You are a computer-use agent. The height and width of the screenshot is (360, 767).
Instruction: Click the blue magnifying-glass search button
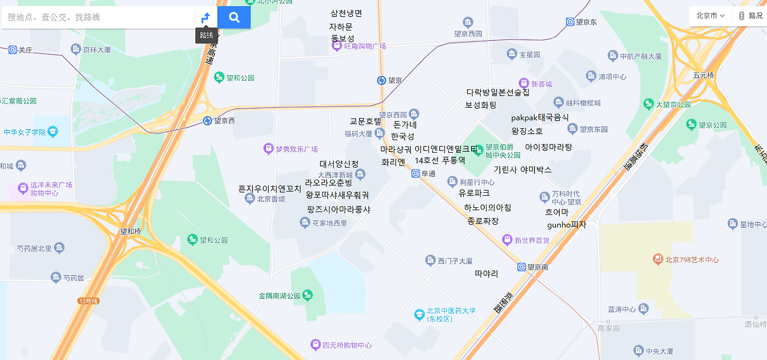click(234, 17)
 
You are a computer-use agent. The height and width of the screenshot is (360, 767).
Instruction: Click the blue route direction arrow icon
click(206, 17)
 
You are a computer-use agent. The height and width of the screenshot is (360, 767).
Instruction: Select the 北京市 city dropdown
click(710, 16)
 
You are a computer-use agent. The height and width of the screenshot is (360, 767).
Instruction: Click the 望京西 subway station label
click(224, 120)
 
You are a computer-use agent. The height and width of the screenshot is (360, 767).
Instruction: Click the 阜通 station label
click(428, 174)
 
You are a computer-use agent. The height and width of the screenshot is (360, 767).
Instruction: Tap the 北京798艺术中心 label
click(691, 260)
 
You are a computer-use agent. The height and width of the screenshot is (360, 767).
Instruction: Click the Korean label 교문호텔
click(366, 122)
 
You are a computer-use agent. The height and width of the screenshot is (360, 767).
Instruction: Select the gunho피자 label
click(566, 225)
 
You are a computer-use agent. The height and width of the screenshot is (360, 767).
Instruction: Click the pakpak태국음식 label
click(540, 117)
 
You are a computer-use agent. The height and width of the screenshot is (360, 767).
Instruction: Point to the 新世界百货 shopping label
click(532, 240)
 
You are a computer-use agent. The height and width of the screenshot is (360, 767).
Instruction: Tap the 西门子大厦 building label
click(455, 261)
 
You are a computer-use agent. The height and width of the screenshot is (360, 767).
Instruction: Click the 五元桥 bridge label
click(703, 75)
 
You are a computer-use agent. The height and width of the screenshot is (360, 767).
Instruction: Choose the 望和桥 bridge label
click(130, 231)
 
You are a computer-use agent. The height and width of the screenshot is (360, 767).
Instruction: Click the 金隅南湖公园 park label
click(279, 296)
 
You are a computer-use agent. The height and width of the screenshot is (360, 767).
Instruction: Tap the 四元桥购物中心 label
click(347, 345)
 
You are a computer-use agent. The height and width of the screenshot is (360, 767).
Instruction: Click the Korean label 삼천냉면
click(346, 13)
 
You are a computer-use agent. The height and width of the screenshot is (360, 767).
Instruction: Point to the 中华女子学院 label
click(25, 132)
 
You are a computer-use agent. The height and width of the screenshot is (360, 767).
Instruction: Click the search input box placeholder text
click(54, 17)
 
